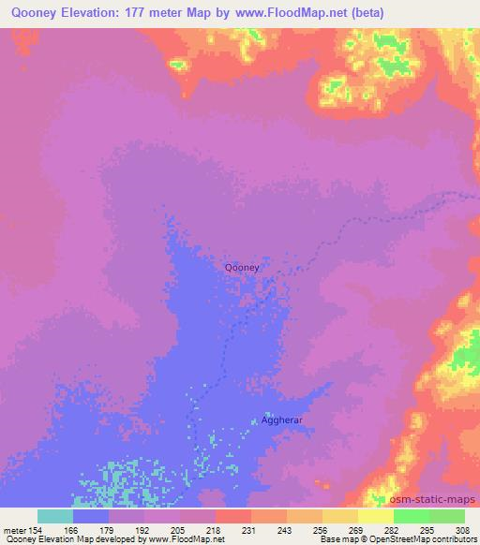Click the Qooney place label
[x=242, y=267]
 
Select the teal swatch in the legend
[x=55, y=516]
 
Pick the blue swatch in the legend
[x=91, y=516]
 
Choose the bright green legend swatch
[x=412, y=516]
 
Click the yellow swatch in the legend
[x=376, y=516]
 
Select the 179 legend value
[x=109, y=529]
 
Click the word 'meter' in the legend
[x=14, y=529]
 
